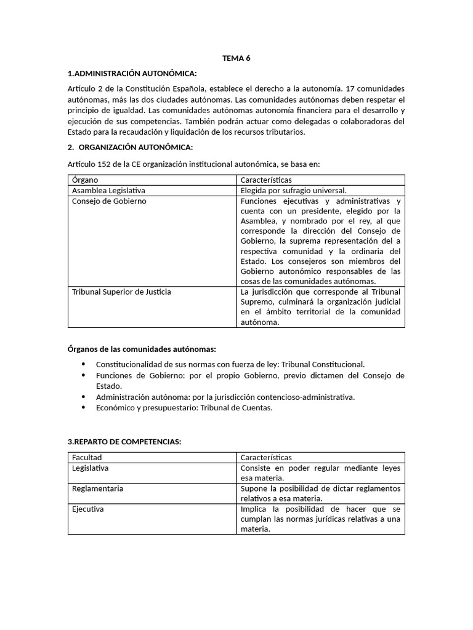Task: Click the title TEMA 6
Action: coord(236,58)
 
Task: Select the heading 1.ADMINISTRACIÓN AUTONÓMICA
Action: coord(132,74)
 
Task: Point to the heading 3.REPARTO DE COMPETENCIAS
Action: coord(124,442)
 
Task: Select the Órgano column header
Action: coord(85,180)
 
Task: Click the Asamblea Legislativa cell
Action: coord(108,191)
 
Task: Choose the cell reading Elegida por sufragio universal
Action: coord(294,191)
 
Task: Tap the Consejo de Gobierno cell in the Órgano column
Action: coord(109,201)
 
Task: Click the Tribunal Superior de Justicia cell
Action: coord(121,292)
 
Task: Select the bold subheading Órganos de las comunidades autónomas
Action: coord(142,349)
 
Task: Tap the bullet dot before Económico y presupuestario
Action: coord(83,407)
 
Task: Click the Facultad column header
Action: coord(87,458)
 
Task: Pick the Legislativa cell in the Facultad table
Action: coord(90,468)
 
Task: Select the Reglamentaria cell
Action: coord(97,488)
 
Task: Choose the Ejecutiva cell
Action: coord(87,509)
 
